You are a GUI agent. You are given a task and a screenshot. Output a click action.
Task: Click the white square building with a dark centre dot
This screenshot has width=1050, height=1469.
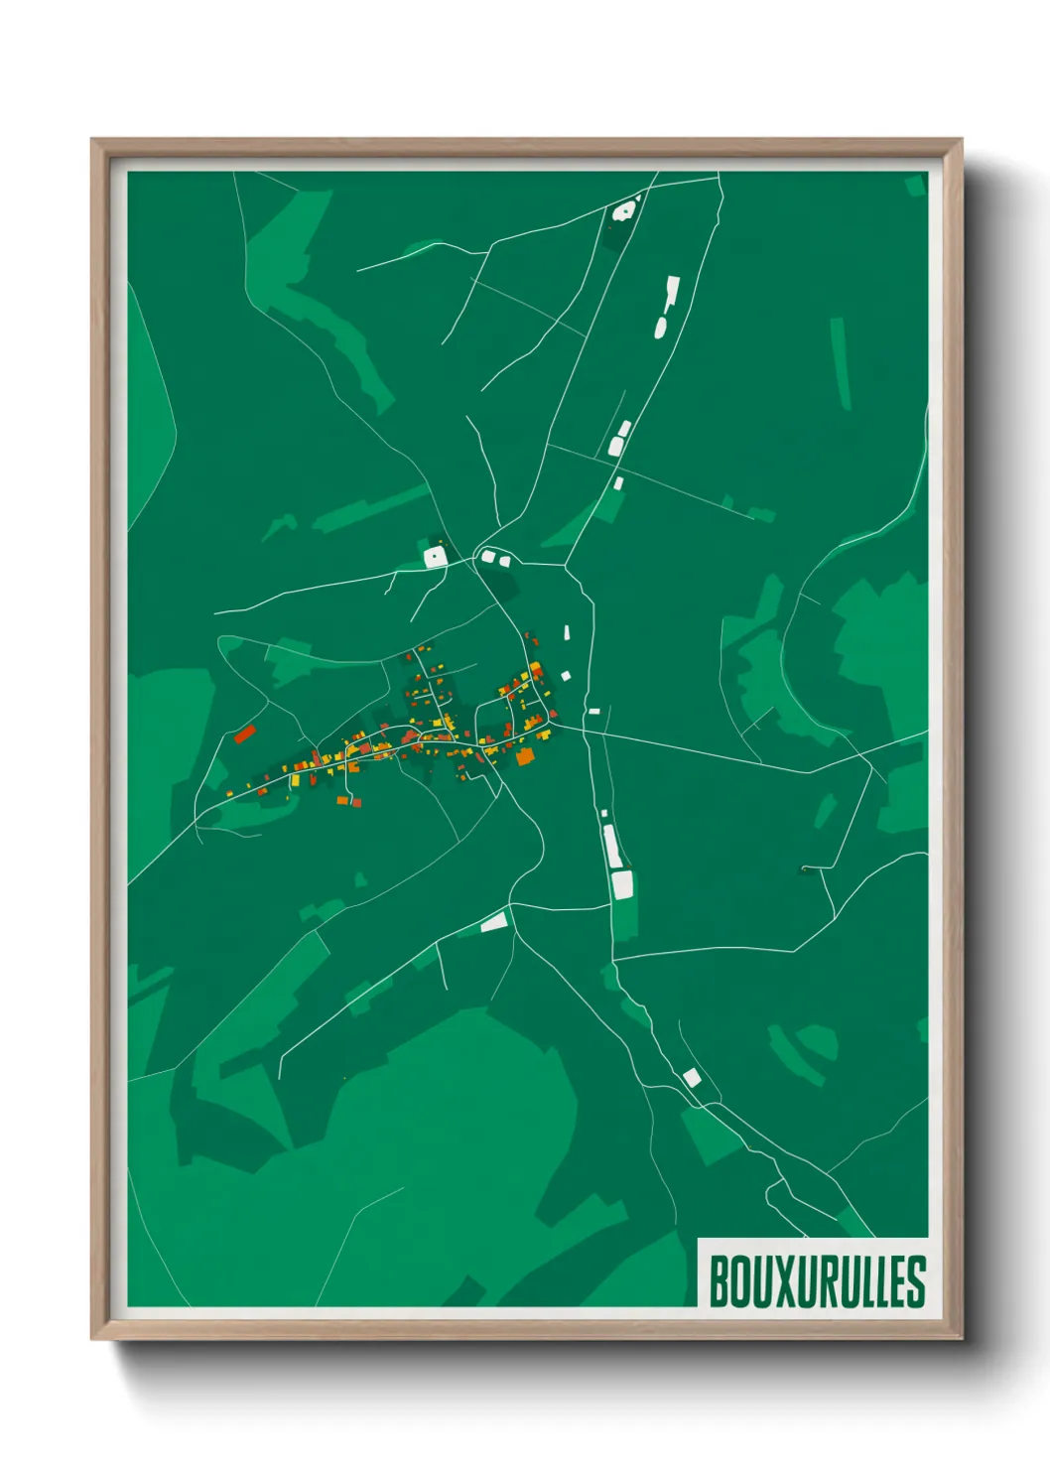pyautogui.click(x=435, y=557)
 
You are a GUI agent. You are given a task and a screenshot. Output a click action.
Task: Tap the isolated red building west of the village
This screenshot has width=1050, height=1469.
pyautogui.click(x=244, y=734)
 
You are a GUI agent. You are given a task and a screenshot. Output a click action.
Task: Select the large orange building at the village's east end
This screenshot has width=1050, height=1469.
pyautogui.click(x=525, y=757)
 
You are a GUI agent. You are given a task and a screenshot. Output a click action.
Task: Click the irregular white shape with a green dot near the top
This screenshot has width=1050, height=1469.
pyautogui.click(x=624, y=210)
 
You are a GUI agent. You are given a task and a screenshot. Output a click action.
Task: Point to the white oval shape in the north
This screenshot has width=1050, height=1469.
pyautogui.click(x=661, y=326)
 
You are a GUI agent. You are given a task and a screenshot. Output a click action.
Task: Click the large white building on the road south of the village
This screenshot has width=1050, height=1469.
pyautogui.click(x=622, y=884)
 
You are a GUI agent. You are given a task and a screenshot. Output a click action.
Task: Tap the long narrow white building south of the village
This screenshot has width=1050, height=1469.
pyautogui.click(x=610, y=845)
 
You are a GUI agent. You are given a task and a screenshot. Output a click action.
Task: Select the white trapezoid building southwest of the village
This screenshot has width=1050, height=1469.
pyautogui.click(x=494, y=922)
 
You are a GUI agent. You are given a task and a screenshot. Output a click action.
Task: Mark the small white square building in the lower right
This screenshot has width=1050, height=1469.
pyautogui.click(x=691, y=1077)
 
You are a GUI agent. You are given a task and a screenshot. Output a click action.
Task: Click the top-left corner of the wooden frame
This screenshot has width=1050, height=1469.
pyautogui.click(x=93, y=141)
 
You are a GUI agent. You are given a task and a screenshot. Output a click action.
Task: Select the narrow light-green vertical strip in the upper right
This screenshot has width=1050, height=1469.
pyautogui.click(x=841, y=363)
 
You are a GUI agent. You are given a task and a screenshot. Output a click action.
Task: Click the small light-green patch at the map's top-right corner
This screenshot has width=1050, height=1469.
pyautogui.click(x=915, y=185)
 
